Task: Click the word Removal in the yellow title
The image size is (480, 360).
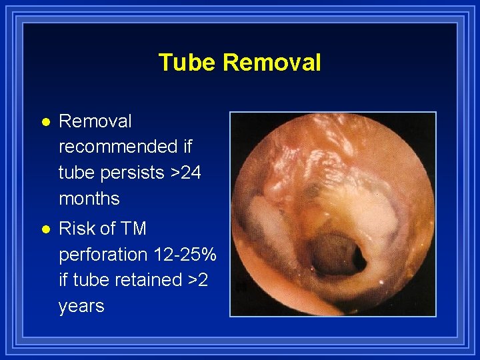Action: [272, 63]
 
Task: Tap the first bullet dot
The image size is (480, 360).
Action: [44, 122]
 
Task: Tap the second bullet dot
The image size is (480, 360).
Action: [44, 229]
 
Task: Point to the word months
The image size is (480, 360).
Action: [89, 198]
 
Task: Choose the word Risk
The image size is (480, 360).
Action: [78, 229]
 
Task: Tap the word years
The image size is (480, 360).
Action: [81, 306]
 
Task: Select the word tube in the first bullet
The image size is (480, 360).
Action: [77, 172]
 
